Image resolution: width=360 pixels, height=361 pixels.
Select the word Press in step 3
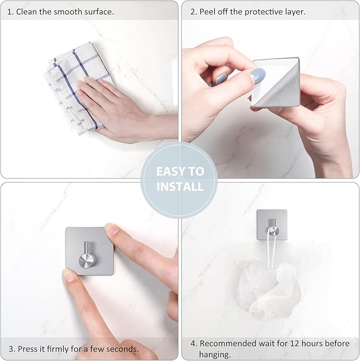tap(29, 349)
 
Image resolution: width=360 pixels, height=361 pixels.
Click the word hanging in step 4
tap(215, 354)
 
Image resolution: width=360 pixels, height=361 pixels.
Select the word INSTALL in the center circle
tap(179, 187)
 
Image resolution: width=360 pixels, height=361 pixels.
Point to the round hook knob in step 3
tap(85, 260)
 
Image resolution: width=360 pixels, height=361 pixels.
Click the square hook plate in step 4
tap(272, 224)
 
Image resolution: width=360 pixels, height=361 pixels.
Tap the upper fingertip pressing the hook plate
tap(112, 230)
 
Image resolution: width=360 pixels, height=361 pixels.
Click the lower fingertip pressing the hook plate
tap(69, 275)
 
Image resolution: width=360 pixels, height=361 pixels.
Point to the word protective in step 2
tap(267, 11)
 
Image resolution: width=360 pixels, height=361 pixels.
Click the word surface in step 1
tap(98, 11)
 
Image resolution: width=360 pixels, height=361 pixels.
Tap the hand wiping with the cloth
tap(117, 106)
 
